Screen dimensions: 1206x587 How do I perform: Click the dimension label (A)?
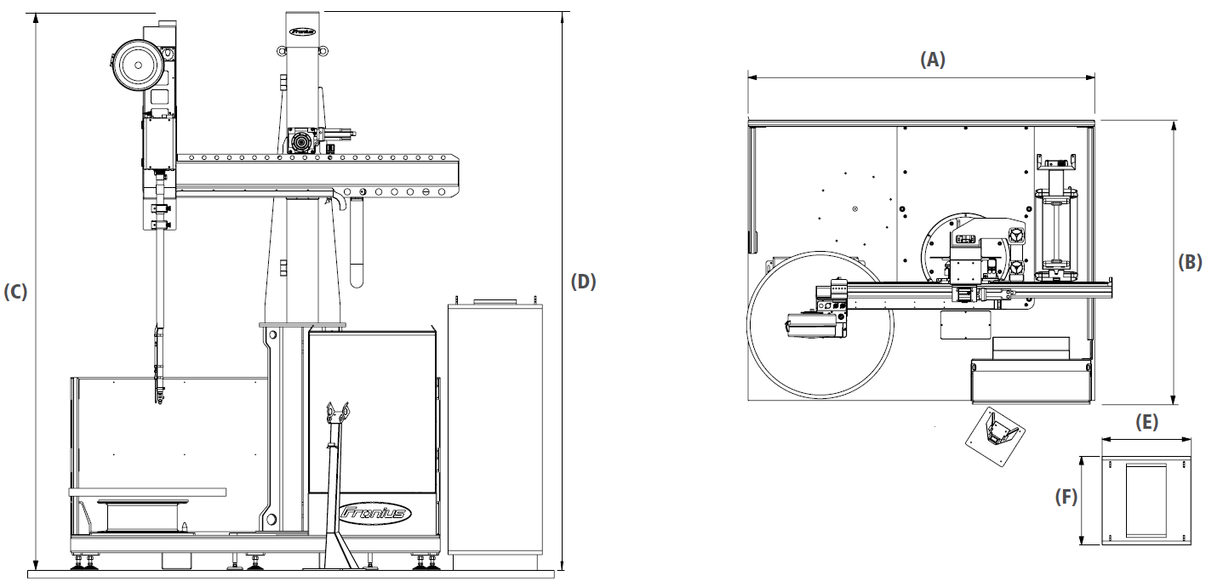(933, 60)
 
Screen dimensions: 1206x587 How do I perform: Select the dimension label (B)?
(1190, 262)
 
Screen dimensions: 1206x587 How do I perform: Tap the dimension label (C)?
(15, 292)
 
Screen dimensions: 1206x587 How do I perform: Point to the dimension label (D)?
(584, 282)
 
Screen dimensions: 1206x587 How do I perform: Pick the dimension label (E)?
(1146, 422)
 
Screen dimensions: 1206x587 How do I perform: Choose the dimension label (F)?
(1066, 497)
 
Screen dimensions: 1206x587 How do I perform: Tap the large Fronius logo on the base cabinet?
(375, 512)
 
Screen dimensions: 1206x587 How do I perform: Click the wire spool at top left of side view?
(137, 66)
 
